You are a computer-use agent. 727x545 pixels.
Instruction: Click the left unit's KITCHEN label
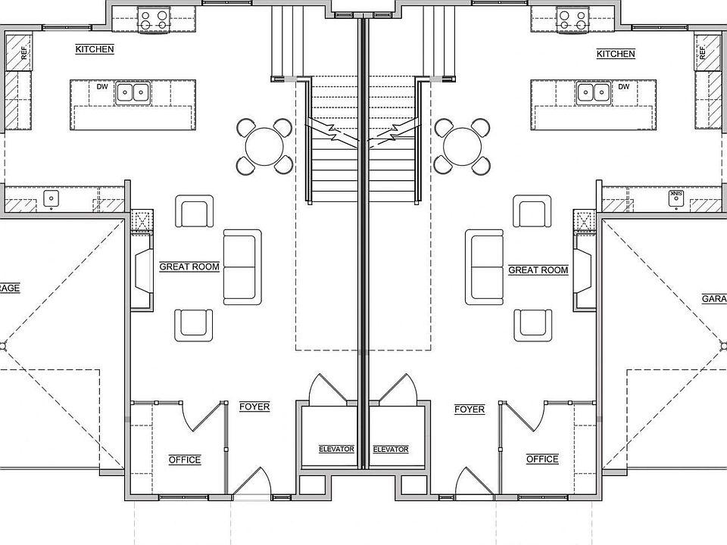[95, 50]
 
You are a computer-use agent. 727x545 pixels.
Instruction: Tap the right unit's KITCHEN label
[616, 54]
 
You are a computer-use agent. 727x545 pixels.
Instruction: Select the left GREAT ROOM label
[189, 267]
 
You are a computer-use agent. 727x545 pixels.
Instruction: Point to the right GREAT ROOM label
[538, 270]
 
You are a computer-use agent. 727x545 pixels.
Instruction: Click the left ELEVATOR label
[336, 449]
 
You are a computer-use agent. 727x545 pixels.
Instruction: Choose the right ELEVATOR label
[391, 449]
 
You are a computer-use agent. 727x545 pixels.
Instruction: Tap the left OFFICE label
[184, 459]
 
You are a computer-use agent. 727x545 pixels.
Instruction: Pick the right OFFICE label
[542, 459]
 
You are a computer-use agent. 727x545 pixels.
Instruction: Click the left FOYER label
[254, 407]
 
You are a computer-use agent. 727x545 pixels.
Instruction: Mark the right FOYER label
[470, 410]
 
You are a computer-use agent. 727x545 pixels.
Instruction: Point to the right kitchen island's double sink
[591, 92]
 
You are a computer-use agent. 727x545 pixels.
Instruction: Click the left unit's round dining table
[264, 145]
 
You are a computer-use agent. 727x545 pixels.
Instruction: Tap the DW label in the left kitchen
[102, 86]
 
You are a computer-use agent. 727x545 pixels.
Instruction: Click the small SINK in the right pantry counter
[674, 197]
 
